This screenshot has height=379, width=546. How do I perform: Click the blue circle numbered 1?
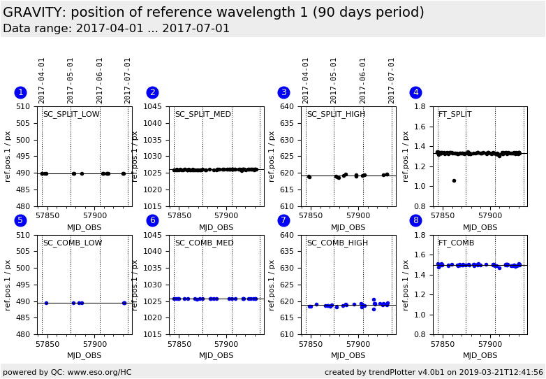coord(20,92)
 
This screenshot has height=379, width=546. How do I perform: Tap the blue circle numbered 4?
coord(415,92)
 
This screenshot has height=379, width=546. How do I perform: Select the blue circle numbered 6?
coord(152,220)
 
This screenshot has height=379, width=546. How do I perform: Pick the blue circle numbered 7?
coord(283,220)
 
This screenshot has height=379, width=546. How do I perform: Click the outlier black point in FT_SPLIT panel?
coord(454,180)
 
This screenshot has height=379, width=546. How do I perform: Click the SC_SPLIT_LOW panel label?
coord(71,115)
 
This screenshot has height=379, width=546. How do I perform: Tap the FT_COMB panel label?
coord(456,243)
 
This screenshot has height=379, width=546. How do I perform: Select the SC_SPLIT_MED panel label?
coord(202,115)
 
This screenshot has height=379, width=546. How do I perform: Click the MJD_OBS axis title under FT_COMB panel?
coord(480,356)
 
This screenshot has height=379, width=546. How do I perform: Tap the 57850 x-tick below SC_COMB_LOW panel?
coord(47,345)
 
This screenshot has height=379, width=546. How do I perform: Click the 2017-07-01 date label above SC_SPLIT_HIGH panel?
coord(392,80)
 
